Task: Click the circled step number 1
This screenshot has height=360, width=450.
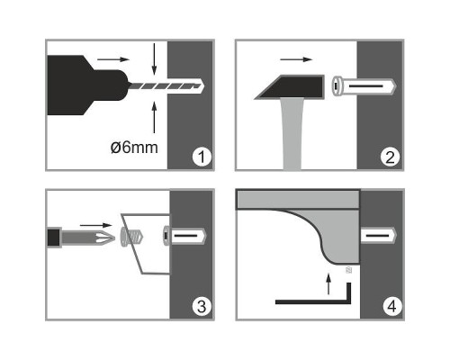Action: tap(202, 157)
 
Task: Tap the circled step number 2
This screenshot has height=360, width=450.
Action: tap(390, 157)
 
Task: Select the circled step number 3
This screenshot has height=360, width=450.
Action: tap(202, 306)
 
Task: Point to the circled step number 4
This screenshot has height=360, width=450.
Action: tap(392, 306)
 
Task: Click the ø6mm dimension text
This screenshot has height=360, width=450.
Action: tap(134, 148)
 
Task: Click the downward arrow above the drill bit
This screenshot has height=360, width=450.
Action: tap(154, 58)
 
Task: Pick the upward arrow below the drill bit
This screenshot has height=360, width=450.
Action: tap(154, 117)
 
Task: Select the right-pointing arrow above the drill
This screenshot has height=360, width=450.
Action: tap(113, 59)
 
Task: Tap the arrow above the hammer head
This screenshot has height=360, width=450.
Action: tap(296, 59)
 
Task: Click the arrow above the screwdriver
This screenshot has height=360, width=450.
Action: tap(96, 225)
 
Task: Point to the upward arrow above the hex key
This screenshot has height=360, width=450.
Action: tap(328, 283)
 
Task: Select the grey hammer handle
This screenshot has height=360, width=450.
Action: tap(292, 134)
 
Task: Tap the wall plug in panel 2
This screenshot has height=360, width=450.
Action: tap(364, 86)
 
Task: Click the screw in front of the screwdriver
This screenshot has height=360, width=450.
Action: tap(131, 237)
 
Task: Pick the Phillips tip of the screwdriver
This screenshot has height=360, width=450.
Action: tap(105, 237)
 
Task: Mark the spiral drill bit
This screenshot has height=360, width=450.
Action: tap(165, 86)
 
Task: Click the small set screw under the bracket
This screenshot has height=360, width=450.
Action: tap(348, 270)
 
